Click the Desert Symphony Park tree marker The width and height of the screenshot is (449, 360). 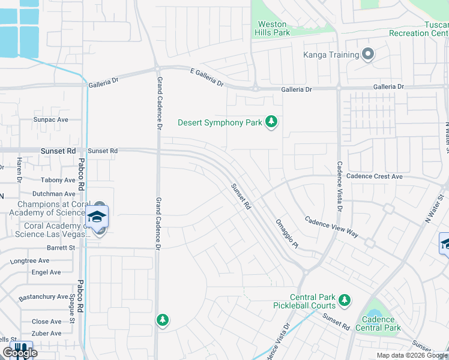point(272,122)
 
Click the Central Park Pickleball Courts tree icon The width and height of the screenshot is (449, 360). point(344,299)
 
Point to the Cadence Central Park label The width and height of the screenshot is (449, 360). point(378,324)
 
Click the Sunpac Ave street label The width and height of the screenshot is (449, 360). point(51,119)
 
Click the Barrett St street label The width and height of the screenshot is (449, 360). point(61,247)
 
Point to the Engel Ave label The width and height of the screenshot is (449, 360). point(46,272)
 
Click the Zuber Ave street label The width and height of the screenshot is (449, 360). point(46,333)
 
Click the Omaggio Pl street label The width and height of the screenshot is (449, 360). point(286,233)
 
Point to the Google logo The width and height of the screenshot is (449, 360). point(20,353)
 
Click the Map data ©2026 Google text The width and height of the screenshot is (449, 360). point(412,355)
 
